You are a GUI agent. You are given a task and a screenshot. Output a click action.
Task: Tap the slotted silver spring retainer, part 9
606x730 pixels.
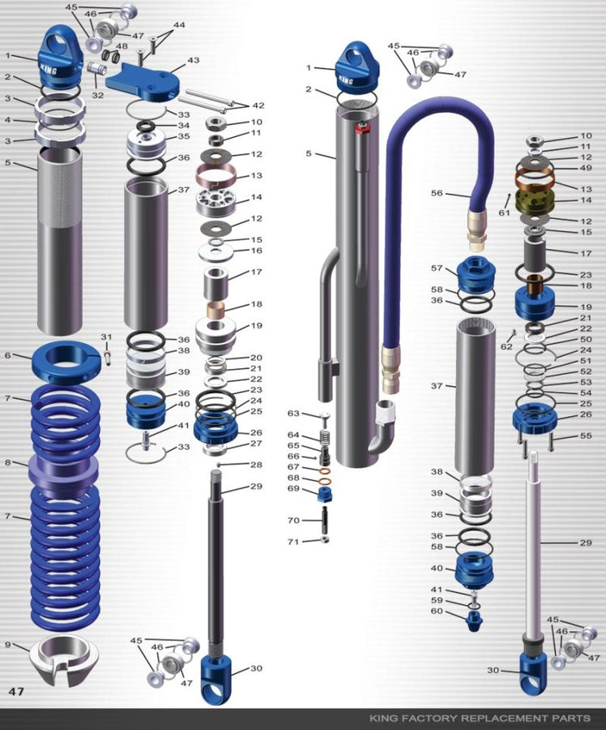(x=63, y=659)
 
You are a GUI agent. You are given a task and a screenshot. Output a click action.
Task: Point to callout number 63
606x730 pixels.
(x=293, y=414)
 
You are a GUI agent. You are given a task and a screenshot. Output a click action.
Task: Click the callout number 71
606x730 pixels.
(x=293, y=541)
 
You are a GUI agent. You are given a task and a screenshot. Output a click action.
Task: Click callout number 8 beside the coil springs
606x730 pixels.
(x=7, y=463)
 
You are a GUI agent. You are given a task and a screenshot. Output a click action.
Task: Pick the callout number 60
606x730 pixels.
(x=437, y=612)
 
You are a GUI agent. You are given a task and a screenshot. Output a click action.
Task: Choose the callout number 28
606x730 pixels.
(x=256, y=465)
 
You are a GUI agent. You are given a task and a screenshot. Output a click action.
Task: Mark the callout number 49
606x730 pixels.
(x=587, y=168)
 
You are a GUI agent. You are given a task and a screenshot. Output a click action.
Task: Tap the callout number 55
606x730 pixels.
(x=587, y=436)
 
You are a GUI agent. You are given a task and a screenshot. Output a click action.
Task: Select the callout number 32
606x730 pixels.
(x=98, y=95)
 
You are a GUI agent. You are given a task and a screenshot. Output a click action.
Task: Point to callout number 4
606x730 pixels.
(x=7, y=120)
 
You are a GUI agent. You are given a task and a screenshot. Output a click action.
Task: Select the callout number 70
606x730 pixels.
(x=293, y=520)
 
